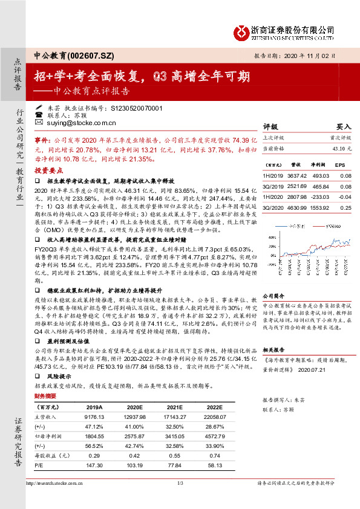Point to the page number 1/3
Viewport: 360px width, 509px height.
180,484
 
